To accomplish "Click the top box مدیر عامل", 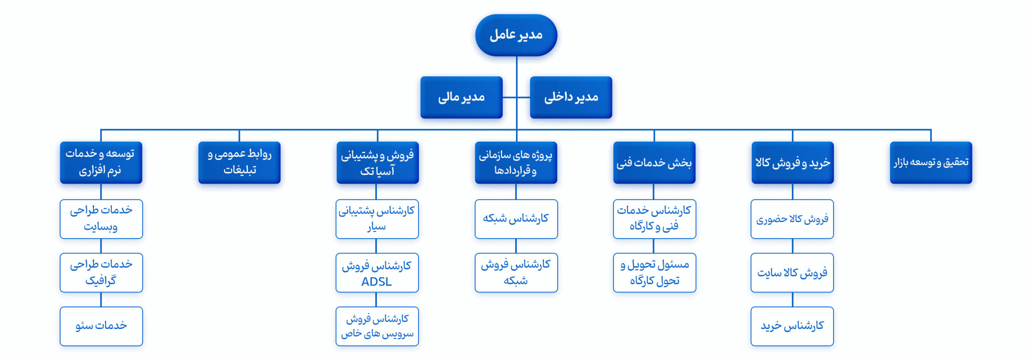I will (516, 35).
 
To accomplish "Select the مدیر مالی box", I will (461, 97).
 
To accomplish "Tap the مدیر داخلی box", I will (571, 97).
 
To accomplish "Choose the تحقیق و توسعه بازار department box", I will (931, 162).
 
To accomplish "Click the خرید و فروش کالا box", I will (793, 162).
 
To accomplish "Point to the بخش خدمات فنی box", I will (654, 162).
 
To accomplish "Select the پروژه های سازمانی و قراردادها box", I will (516, 162).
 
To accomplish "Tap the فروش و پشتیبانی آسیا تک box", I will (377, 162).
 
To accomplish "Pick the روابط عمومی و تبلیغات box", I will (239, 162).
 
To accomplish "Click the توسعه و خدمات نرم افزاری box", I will (101, 162).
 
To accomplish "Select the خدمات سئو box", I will (101, 326).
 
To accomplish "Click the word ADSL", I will (376, 282).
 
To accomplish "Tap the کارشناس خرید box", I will (792, 326).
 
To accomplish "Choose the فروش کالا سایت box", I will (792, 273).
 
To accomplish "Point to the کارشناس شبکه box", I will (516, 219).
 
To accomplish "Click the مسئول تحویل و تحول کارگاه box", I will (654, 273).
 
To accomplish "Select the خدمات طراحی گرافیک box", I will (101, 273).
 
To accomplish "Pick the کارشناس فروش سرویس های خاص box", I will (377, 326).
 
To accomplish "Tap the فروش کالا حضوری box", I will (792, 219).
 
